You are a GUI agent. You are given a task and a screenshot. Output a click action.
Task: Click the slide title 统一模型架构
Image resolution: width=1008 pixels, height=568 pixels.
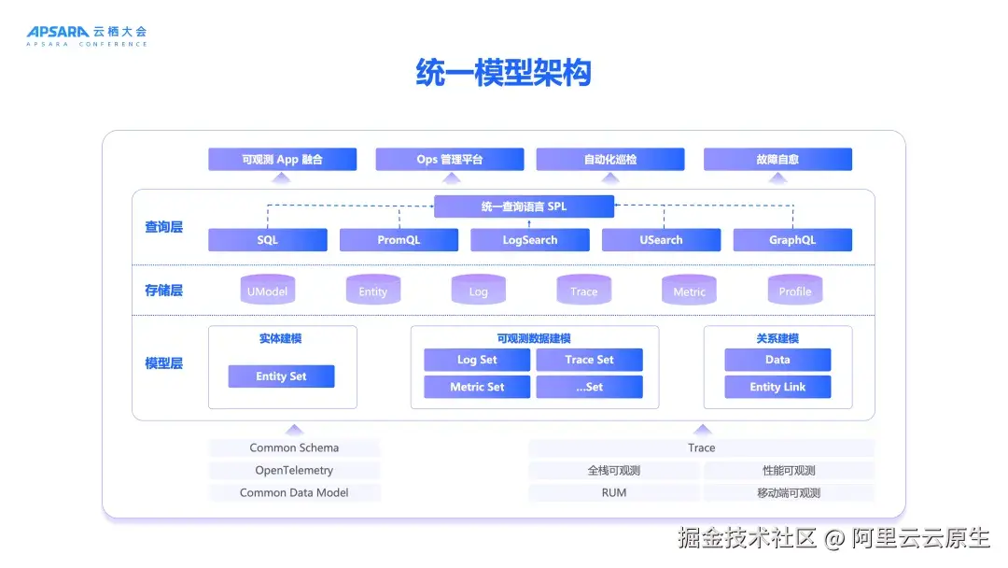click(x=503, y=73)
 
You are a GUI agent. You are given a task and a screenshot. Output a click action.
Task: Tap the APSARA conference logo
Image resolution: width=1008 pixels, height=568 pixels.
click(x=86, y=35)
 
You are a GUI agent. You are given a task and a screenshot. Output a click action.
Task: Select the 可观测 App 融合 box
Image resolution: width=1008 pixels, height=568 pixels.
click(x=282, y=160)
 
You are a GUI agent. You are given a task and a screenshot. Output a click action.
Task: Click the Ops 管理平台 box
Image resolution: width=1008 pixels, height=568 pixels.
click(x=449, y=160)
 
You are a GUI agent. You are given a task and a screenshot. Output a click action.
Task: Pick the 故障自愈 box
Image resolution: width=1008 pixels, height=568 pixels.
click(x=777, y=160)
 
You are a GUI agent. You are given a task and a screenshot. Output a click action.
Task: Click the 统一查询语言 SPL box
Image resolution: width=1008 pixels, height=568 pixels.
click(x=524, y=206)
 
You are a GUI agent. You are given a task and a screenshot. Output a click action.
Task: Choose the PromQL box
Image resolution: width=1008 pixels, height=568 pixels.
click(x=399, y=240)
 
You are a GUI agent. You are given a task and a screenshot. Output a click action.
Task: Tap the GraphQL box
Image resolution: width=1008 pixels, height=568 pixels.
click(x=792, y=240)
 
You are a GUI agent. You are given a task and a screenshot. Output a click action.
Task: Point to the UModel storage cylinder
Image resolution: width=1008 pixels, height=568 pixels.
click(x=267, y=291)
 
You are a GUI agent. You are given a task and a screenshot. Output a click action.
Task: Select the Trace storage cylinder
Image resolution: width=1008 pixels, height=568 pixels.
click(x=583, y=291)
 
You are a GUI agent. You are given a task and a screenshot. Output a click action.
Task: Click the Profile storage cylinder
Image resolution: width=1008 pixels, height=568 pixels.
click(x=794, y=291)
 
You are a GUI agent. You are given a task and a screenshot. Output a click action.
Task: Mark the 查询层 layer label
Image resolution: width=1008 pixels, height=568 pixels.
click(x=163, y=227)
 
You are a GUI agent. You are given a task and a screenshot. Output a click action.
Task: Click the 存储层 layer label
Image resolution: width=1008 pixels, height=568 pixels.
click(x=163, y=291)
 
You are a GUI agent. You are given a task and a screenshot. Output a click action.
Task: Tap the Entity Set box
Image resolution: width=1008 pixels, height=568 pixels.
click(x=281, y=376)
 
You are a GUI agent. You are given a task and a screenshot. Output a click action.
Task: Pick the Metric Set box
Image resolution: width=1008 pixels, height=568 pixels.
click(x=477, y=387)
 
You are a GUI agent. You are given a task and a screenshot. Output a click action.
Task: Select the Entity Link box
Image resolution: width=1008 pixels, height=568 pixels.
click(x=777, y=387)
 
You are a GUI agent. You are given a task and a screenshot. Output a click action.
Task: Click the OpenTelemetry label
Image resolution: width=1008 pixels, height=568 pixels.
click(x=294, y=470)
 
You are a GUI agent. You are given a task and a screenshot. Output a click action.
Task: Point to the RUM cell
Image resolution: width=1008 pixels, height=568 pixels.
click(x=613, y=492)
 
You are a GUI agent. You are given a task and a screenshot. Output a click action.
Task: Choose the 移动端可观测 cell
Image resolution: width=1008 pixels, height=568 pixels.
click(x=789, y=492)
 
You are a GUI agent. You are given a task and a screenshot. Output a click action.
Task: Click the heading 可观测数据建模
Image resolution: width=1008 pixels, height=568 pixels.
click(x=534, y=338)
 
